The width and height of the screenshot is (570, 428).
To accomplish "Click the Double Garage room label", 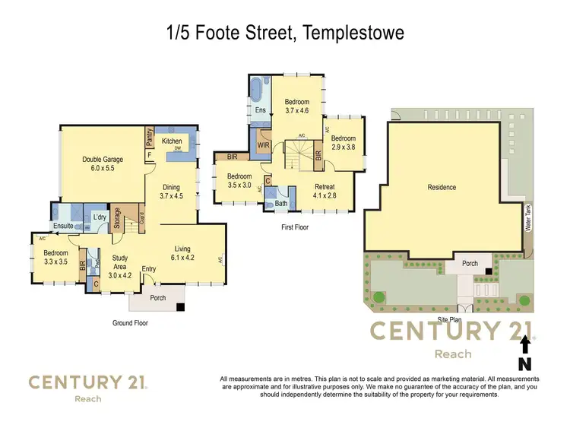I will (103, 163).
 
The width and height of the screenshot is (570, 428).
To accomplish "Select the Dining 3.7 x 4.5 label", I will (171, 191).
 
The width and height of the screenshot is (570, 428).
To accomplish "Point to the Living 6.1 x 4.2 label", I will (182, 253).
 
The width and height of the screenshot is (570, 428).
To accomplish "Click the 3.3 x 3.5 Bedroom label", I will (55, 258).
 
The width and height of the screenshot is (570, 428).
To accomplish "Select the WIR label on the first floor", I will (264, 144).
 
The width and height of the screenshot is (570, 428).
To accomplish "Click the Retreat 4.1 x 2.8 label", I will (325, 191).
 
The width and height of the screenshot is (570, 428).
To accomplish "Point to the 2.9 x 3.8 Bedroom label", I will (343, 142).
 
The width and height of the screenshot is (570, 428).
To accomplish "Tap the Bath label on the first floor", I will (281, 203).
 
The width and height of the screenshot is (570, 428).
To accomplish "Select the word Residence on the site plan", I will (442, 187).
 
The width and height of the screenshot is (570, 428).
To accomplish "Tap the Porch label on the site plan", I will (470, 264).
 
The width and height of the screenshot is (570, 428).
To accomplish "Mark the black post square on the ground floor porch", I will (181, 308).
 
